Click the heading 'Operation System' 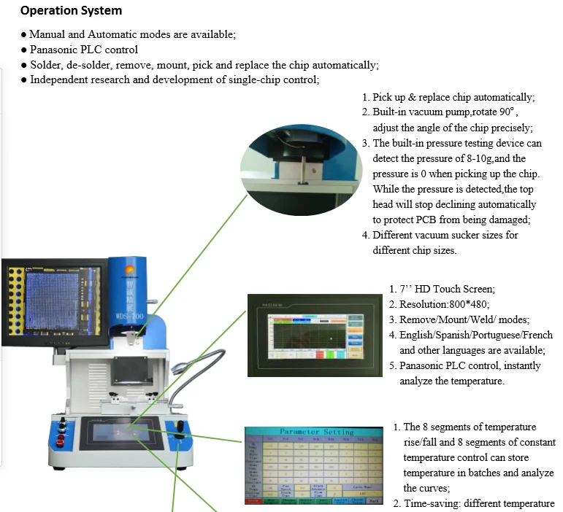coord(71,11)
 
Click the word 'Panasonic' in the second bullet coord(54,50)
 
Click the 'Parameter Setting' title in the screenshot coord(315,432)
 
